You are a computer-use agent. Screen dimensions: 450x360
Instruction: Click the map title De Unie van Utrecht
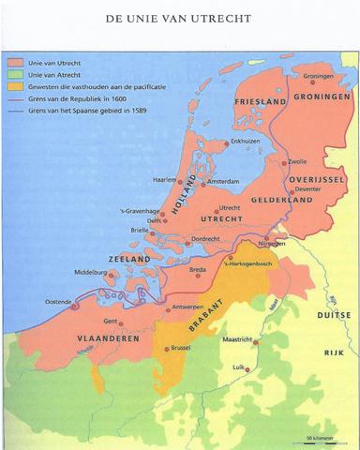[179, 18]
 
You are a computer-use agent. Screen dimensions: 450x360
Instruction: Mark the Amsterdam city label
[231, 182]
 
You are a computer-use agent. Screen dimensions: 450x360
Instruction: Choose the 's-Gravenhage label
[139, 212]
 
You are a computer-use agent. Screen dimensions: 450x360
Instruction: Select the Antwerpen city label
[196, 307]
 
